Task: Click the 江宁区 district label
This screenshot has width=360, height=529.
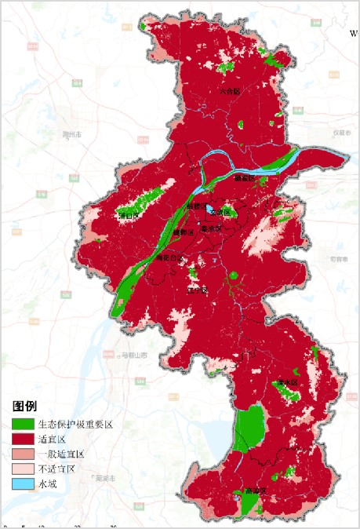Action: (197, 290)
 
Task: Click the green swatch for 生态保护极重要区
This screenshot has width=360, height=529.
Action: (24, 424)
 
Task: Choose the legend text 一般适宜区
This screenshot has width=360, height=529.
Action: (60, 454)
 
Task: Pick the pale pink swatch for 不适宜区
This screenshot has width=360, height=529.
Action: (24, 469)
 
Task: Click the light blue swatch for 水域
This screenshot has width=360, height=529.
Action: (24, 483)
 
